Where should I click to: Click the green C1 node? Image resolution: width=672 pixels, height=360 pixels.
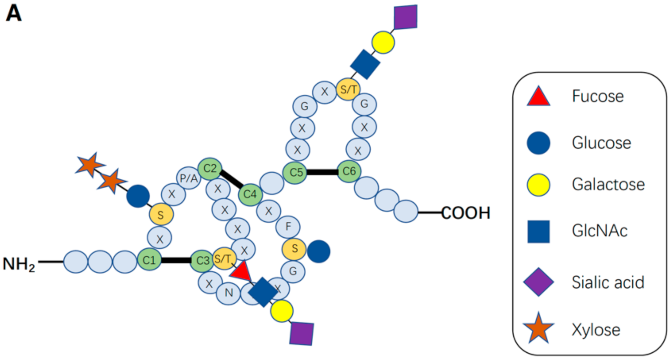(x=149, y=260)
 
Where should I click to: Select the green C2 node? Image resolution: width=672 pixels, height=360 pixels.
(x=210, y=169)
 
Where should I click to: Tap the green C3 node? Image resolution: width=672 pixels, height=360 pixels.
(x=202, y=261)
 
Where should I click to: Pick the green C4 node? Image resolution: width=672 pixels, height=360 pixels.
(x=250, y=194)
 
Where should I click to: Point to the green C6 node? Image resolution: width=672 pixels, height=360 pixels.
(x=349, y=171)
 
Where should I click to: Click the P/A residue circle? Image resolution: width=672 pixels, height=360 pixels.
(x=189, y=178)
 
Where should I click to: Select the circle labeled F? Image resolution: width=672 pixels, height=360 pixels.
(x=288, y=227)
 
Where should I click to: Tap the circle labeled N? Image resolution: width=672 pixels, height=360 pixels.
(x=228, y=293)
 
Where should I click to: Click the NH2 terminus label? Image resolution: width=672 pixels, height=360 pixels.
(x=19, y=264)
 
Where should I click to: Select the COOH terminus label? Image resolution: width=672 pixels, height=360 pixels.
(x=466, y=213)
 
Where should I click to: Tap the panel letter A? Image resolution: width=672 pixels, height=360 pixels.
(x=14, y=14)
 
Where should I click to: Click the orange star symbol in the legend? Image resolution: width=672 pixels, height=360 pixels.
(x=538, y=329)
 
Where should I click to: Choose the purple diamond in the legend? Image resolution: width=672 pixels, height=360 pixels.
(x=538, y=282)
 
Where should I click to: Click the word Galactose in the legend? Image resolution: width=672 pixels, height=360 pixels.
(x=608, y=184)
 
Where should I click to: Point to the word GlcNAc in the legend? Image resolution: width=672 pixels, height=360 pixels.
(x=600, y=231)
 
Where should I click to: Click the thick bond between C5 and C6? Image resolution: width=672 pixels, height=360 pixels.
(x=322, y=172)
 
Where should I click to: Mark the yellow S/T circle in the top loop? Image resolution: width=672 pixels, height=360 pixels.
(x=348, y=89)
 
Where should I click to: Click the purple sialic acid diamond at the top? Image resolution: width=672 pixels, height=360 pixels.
(x=406, y=17)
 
